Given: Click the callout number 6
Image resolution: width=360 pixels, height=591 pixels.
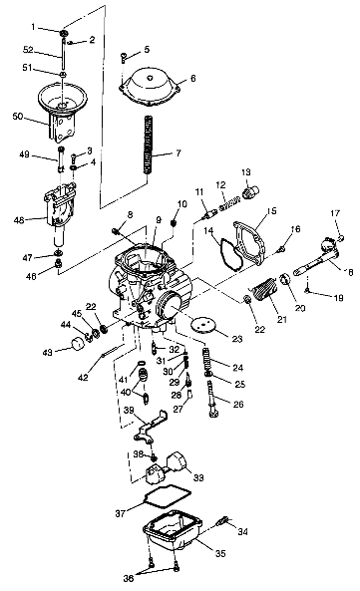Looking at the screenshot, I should pyautogui.click(x=192, y=78).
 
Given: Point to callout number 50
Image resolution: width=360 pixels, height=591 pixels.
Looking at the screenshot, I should pyautogui.click(x=16, y=117).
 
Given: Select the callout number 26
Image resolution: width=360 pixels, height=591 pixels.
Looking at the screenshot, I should pyautogui.click(x=237, y=404).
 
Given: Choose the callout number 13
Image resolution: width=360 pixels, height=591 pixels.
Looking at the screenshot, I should pyautogui.click(x=246, y=171).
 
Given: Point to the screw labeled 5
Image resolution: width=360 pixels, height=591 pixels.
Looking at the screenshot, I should pyautogui.click(x=122, y=58).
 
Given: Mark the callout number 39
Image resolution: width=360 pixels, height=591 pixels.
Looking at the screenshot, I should pyautogui.click(x=128, y=410).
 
